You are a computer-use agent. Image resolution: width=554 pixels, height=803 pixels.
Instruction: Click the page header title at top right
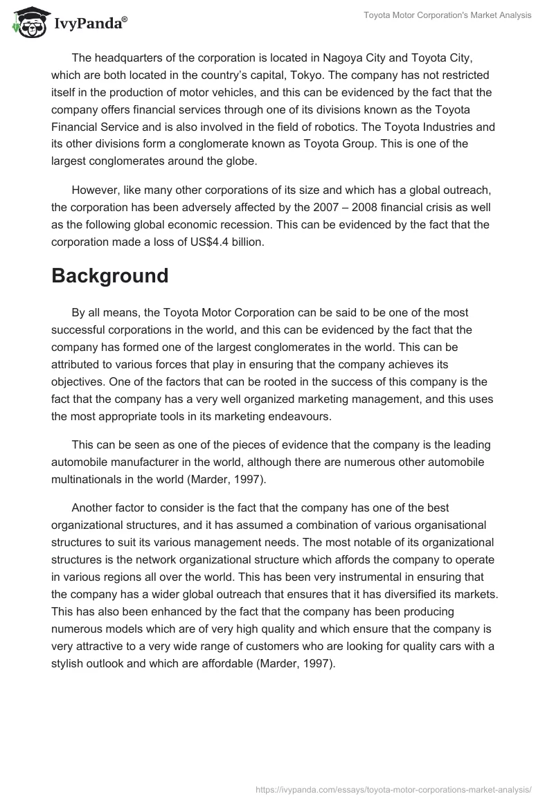coord(448,15)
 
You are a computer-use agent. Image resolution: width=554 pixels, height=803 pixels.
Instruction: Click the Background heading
coord(110,276)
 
